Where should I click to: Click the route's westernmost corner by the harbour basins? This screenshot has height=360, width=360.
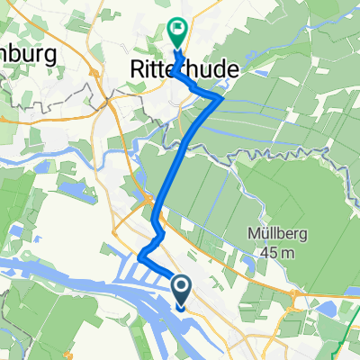coord(139,260)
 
